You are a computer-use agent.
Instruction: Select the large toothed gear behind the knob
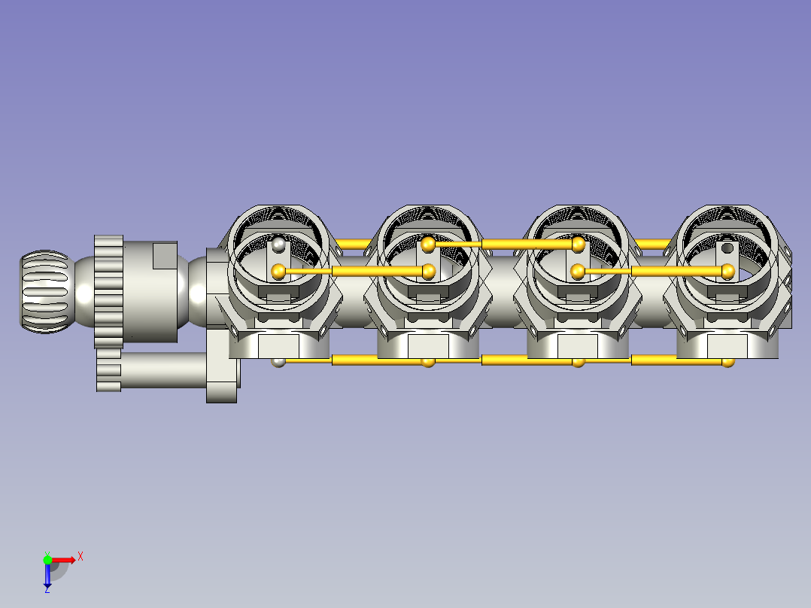(108, 292)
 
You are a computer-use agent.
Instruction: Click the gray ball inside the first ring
(279, 245)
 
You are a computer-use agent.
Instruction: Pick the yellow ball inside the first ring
(278, 271)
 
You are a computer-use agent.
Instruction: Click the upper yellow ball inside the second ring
(428, 245)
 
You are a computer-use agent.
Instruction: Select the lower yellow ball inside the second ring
(429, 271)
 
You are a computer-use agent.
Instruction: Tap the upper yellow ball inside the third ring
(579, 245)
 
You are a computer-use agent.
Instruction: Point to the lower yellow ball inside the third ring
(578, 271)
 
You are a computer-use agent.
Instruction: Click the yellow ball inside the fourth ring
(727, 271)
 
